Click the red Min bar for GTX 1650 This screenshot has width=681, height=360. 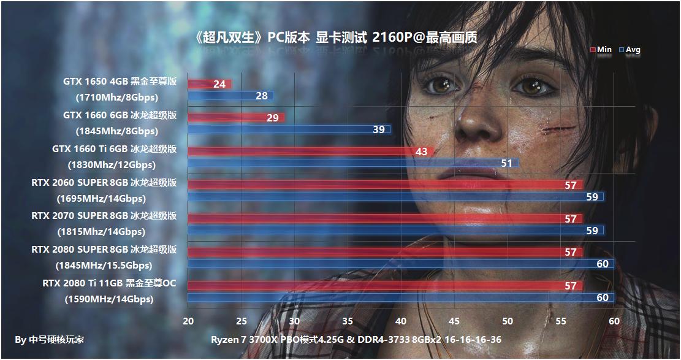click(x=208, y=84)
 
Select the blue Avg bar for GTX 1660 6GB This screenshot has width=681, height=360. click(x=288, y=129)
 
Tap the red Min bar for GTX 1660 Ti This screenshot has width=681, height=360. click(x=310, y=151)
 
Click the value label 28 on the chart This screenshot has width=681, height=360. click(x=262, y=96)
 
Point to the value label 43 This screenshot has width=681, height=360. click(x=421, y=151)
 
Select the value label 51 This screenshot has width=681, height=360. click(x=507, y=163)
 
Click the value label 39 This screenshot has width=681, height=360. click(x=379, y=129)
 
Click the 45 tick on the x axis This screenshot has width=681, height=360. click(x=454, y=321)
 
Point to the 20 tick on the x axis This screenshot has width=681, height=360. click(x=188, y=321)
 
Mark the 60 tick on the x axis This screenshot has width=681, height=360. click(x=614, y=321)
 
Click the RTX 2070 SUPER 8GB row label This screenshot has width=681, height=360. click(x=104, y=215)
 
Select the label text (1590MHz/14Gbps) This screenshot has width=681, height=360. click(x=108, y=299)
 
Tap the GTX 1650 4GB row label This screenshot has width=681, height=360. click(x=120, y=82)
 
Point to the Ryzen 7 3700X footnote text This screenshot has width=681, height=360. click(x=356, y=340)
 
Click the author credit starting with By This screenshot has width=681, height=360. click(x=50, y=340)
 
